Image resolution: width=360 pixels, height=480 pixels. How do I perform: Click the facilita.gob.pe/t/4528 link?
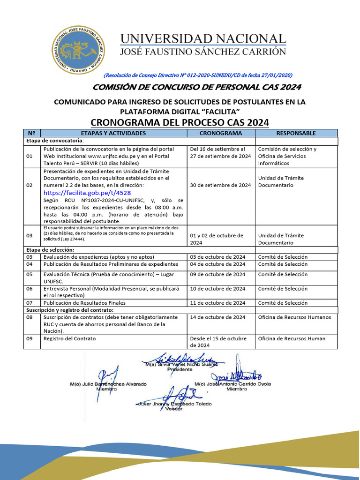pyautogui.click(x=87, y=193)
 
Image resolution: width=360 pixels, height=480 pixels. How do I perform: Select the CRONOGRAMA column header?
pyautogui.click(x=221, y=133)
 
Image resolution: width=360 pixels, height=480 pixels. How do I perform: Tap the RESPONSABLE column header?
pyautogui.click(x=296, y=133)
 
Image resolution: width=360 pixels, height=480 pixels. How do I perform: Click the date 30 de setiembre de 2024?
pyautogui.click(x=220, y=185)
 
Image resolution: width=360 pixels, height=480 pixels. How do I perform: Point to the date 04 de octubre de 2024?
pyautogui.click(x=217, y=264)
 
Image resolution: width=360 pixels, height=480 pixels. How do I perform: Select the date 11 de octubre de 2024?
pyautogui.click(x=217, y=303)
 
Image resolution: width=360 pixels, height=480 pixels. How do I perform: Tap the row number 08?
pyautogui.click(x=30, y=317)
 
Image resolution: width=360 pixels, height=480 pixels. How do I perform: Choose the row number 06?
pyautogui.click(x=30, y=289)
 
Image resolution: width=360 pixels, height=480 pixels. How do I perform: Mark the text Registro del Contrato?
pyautogui.click(x=69, y=338)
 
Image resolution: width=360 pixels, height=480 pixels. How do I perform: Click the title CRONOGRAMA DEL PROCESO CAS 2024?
pyautogui.click(x=180, y=122)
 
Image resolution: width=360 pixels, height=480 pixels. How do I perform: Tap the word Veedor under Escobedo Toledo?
pyautogui.click(x=173, y=409)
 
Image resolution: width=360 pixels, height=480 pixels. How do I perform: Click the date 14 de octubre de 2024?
pyautogui.click(x=217, y=317)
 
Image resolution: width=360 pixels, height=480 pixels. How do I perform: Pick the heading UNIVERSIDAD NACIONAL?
pyautogui.click(x=202, y=39)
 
